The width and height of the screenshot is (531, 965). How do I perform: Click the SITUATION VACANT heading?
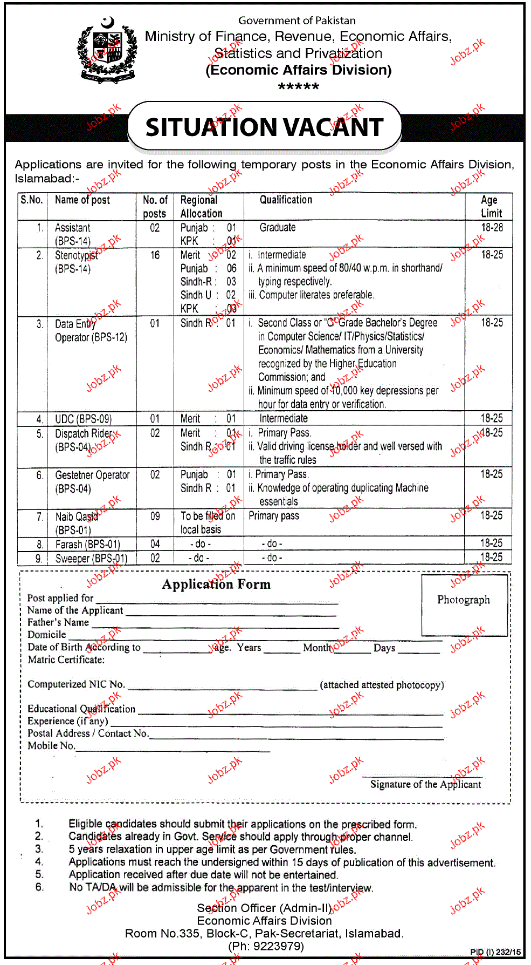[264, 127]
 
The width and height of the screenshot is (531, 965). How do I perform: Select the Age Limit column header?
[491, 206]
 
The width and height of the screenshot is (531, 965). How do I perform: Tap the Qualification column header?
[286, 200]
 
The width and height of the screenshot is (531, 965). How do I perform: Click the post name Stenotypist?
[76, 255]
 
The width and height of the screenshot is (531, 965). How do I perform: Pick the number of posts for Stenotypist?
[155, 255]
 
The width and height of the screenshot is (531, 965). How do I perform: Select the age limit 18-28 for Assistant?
[492, 228]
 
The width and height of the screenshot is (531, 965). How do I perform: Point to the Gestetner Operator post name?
[92, 475]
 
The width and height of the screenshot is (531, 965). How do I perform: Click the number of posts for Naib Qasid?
[155, 517]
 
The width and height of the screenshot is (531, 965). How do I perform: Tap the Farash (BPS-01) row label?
[87, 544]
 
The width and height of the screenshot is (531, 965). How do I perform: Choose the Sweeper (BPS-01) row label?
[91, 558]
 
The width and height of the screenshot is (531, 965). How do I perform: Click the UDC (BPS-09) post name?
[83, 419]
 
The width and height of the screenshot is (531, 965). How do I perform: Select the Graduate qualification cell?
[278, 228]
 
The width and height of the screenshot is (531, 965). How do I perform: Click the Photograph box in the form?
[464, 604]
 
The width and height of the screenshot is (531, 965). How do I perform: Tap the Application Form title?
[216, 585]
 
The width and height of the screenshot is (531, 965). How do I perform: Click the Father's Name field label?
[58, 622]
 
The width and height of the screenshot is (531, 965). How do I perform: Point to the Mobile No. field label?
[51, 746]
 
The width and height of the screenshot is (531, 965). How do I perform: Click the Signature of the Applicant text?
[425, 784]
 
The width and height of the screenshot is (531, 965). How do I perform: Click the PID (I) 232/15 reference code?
[495, 952]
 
